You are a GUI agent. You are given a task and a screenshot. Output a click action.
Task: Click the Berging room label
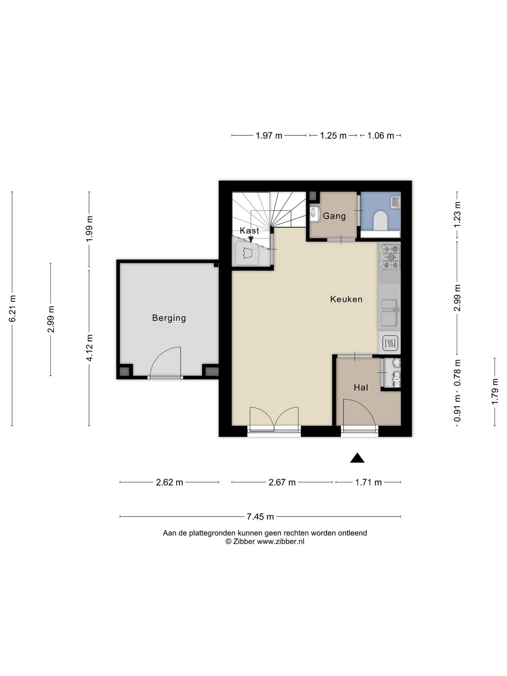click(169, 318)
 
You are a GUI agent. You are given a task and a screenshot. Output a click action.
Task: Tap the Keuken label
click(346, 299)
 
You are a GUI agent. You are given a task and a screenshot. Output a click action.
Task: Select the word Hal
click(361, 387)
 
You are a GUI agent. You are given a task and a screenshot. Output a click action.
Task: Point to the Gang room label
click(334, 216)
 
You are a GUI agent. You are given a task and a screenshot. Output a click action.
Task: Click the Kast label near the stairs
click(249, 230)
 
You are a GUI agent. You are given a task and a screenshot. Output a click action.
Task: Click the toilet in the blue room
click(380, 220)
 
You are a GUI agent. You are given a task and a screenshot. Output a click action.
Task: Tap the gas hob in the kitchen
click(391, 256)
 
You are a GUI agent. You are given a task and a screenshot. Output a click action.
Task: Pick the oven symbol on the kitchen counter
click(390, 343)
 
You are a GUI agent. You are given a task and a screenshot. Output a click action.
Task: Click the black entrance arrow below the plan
click(357, 458)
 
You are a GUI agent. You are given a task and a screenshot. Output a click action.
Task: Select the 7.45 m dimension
click(260, 516)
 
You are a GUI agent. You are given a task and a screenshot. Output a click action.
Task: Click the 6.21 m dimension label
click(12, 308)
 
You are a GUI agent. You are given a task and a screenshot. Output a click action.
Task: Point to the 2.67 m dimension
click(282, 482)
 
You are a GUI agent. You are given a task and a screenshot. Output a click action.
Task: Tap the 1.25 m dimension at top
click(333, 136)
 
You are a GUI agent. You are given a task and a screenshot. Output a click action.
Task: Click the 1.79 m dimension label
click(495, 392)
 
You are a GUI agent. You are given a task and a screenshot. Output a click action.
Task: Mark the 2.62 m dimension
click(169, 482)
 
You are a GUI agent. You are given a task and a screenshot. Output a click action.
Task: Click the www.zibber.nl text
click(280, 542)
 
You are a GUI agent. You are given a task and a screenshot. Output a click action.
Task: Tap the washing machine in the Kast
click(247, 253)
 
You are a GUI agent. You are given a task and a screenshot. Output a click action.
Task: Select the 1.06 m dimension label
click(380, 136)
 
